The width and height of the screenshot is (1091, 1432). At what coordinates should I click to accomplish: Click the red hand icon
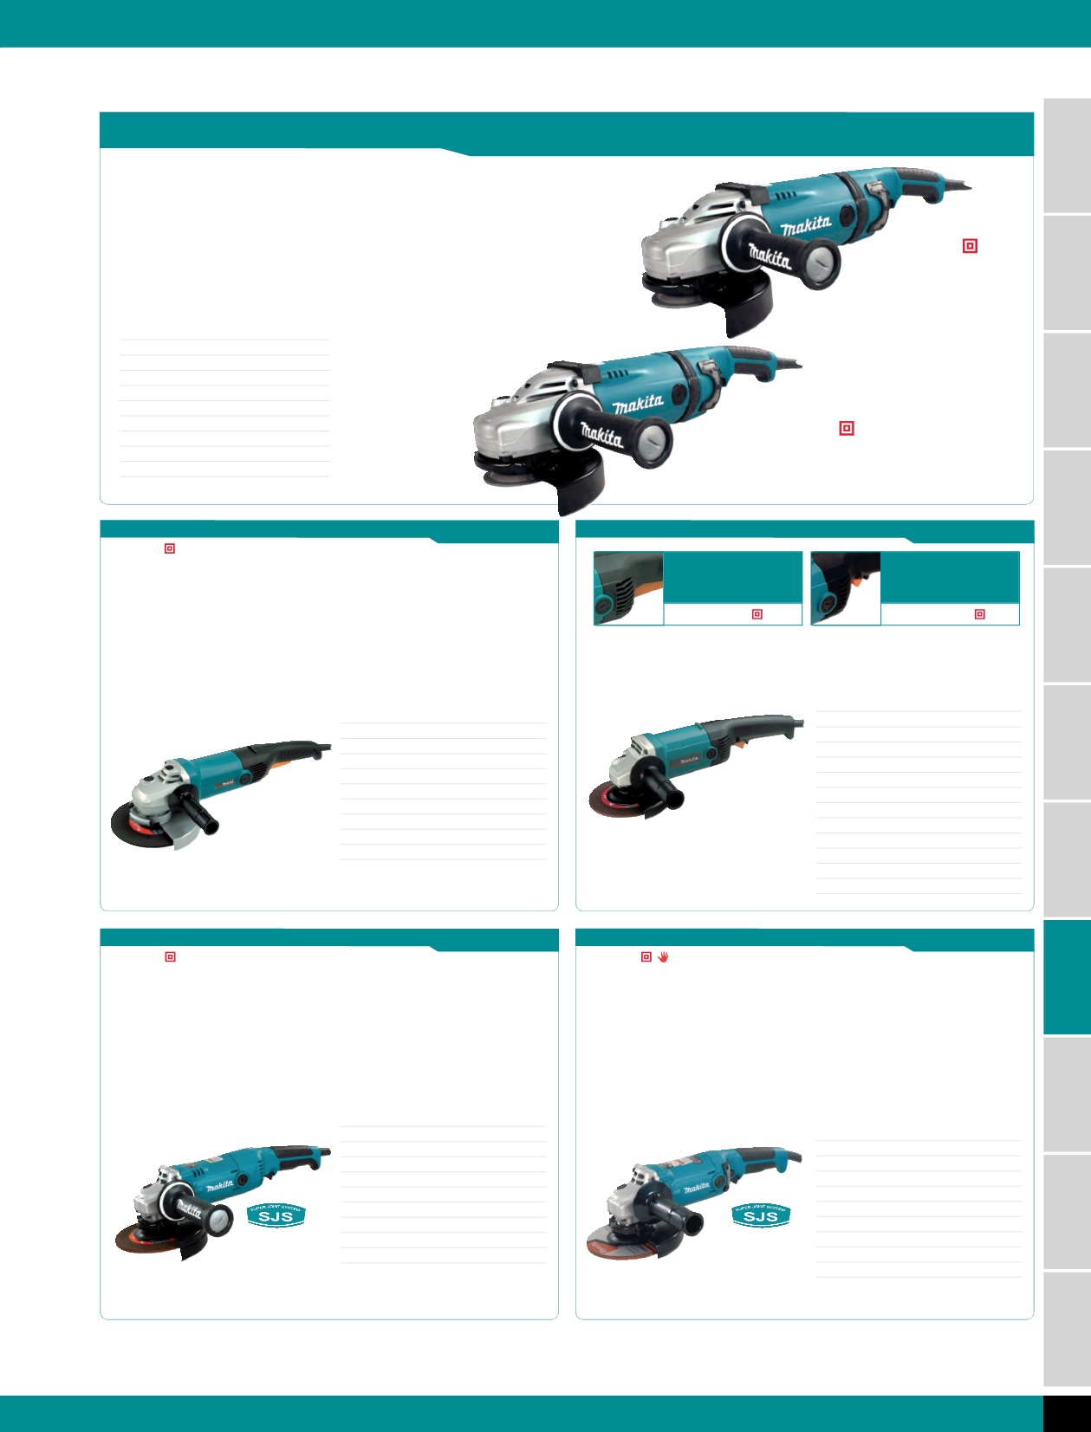[x=663, y=956]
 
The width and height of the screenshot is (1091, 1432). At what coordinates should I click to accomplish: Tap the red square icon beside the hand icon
[x=646, y=956]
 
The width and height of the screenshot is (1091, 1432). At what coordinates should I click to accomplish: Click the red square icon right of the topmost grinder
[x=970, y=246]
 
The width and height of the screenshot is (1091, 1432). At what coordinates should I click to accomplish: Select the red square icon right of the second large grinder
[x=847, y=428]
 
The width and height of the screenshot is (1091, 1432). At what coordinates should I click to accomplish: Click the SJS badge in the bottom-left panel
[x=276, y=1215]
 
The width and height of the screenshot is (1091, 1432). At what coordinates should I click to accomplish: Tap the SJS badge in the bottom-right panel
[x=761, y=1215]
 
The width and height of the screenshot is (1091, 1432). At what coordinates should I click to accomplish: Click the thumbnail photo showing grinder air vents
[x=628, y=587]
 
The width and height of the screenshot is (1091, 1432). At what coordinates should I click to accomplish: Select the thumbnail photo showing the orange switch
[x=846, y=587]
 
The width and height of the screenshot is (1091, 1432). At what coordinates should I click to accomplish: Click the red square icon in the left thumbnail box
[x=757, y=614]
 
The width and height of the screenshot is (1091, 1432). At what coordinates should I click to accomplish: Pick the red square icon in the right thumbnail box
[x=980, y=614]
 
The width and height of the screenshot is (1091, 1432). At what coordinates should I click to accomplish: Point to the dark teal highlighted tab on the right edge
[x=1067, y=976]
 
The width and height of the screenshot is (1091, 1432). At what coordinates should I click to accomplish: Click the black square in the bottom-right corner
[x=1067, y=1413]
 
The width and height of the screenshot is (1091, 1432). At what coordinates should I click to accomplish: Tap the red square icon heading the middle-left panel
[x=170, y=548]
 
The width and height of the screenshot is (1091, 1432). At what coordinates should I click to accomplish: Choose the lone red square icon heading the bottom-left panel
[x=170, y=956]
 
